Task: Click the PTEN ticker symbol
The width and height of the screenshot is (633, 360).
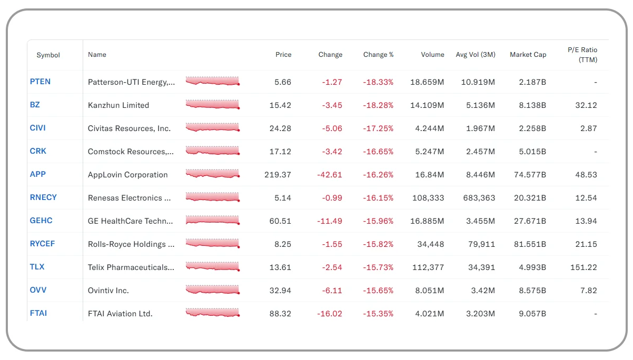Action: point(40,82)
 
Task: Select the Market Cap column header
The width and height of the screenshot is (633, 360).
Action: point(528,55)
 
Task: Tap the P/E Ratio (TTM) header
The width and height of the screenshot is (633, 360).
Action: point(582,55)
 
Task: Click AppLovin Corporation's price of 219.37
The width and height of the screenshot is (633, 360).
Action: point(278,175)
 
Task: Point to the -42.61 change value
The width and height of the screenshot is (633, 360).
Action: point(329,175)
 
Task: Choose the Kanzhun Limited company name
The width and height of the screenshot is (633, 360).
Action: point(118,105)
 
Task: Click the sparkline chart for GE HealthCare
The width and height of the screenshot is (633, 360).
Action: point(212,221)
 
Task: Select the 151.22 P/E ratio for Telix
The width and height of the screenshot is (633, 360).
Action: point(583,267)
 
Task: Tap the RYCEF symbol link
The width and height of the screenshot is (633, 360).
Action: point(42,244)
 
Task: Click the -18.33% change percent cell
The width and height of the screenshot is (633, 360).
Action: point(378,82)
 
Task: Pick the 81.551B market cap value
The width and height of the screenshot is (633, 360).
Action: point(529,244)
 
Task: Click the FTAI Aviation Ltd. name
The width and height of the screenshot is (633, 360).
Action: point(120,314)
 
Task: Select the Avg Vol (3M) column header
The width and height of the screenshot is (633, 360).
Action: point(475,55)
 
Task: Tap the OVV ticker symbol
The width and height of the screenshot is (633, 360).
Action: point(38,290)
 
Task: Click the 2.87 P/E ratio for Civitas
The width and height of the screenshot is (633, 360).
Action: point(586,128)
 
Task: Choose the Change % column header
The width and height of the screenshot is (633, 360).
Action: point(378,55)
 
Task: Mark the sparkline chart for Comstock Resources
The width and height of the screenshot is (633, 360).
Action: point(212,152)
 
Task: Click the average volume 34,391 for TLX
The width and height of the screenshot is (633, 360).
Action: point(481,267)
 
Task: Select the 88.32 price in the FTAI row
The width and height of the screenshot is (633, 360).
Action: point(280,314)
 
